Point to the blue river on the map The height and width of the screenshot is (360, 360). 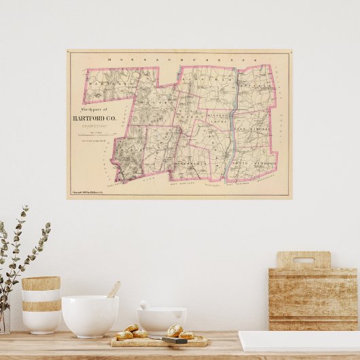click(233, 126)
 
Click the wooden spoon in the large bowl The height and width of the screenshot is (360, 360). click(113, 290)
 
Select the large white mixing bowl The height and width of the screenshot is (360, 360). click(90, 316)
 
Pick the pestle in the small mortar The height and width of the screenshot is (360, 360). click(145, 306)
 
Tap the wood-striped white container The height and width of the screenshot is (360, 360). click(41, 304)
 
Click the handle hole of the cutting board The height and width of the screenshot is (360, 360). click(303, 259)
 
